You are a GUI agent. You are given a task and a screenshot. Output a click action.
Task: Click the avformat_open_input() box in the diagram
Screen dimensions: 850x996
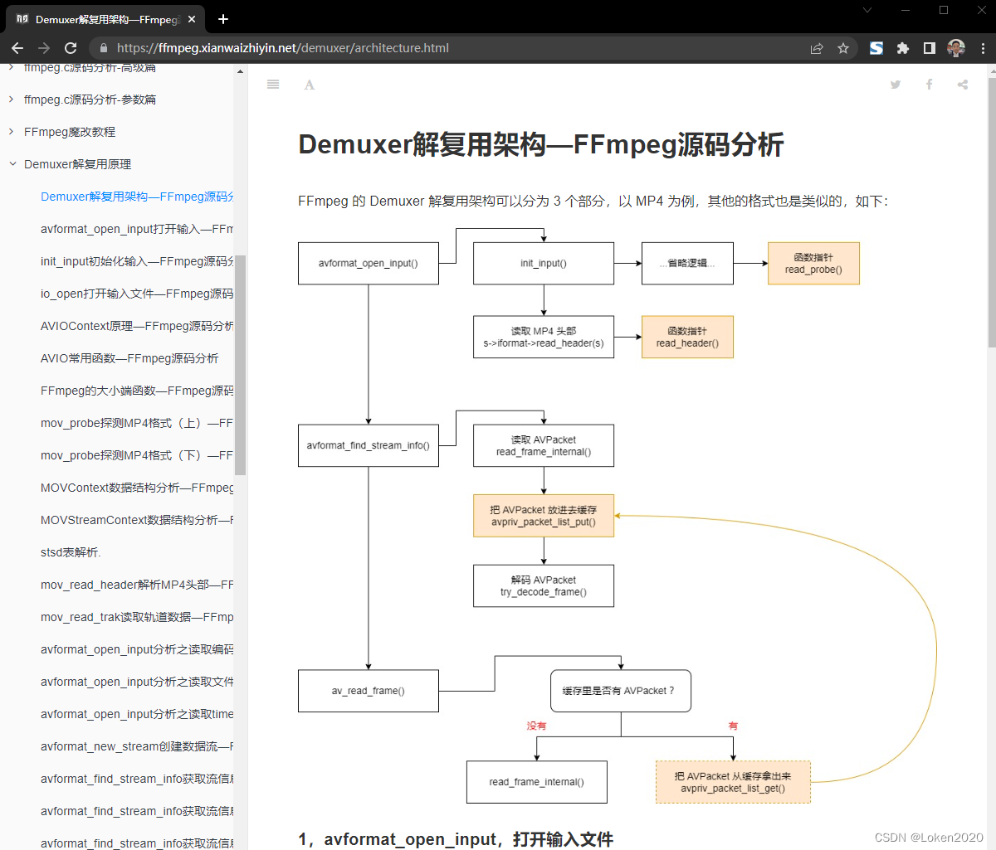[x=368, y=263]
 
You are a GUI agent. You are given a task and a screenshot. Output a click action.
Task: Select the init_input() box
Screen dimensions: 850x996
[x=544, y=263]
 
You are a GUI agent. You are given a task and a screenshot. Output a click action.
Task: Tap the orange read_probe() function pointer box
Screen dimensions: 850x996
[x=813, y=264]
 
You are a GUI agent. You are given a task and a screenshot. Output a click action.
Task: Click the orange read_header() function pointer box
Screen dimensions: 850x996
[x=687, y=337]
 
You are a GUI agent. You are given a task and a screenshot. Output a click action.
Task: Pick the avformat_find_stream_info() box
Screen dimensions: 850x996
[x=368, y=445]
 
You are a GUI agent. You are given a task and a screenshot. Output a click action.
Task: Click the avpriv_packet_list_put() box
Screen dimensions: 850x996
[x=544, y=516]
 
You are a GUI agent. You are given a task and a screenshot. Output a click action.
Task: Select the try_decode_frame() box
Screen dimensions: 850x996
[x=544, y=585]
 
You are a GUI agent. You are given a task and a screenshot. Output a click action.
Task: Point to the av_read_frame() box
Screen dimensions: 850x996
[x=368, y=691]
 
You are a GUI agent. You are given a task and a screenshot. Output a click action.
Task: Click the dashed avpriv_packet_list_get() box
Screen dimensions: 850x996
[x=732, y=782]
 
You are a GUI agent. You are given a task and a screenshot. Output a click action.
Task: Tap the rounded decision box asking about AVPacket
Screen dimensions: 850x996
[x=620, y=691]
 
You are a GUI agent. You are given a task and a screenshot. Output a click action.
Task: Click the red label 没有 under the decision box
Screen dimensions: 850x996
[x=536, y=726]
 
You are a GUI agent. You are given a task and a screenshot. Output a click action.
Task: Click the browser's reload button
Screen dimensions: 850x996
[x=71, y=48]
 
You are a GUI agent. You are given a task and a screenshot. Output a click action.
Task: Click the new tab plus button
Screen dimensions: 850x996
[x=223, y=19]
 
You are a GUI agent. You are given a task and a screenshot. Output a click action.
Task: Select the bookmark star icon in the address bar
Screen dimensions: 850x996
[x=843, y=48]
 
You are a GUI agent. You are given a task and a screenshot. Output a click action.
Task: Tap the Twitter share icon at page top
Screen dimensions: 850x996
[x=896, y=85]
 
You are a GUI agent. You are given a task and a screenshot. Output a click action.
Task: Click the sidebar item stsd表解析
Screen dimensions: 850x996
[x=71, y=552]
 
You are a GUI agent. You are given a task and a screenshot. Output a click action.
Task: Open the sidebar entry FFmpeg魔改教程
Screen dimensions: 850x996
[x=70, y=132]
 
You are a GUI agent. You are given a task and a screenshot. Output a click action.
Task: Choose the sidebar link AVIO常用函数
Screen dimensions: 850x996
[x=129, y=358]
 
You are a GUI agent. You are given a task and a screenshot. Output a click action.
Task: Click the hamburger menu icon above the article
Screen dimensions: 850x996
[x=273, y=85]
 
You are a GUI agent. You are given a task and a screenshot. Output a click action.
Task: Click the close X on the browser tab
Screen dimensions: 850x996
[x=192, y=19]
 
